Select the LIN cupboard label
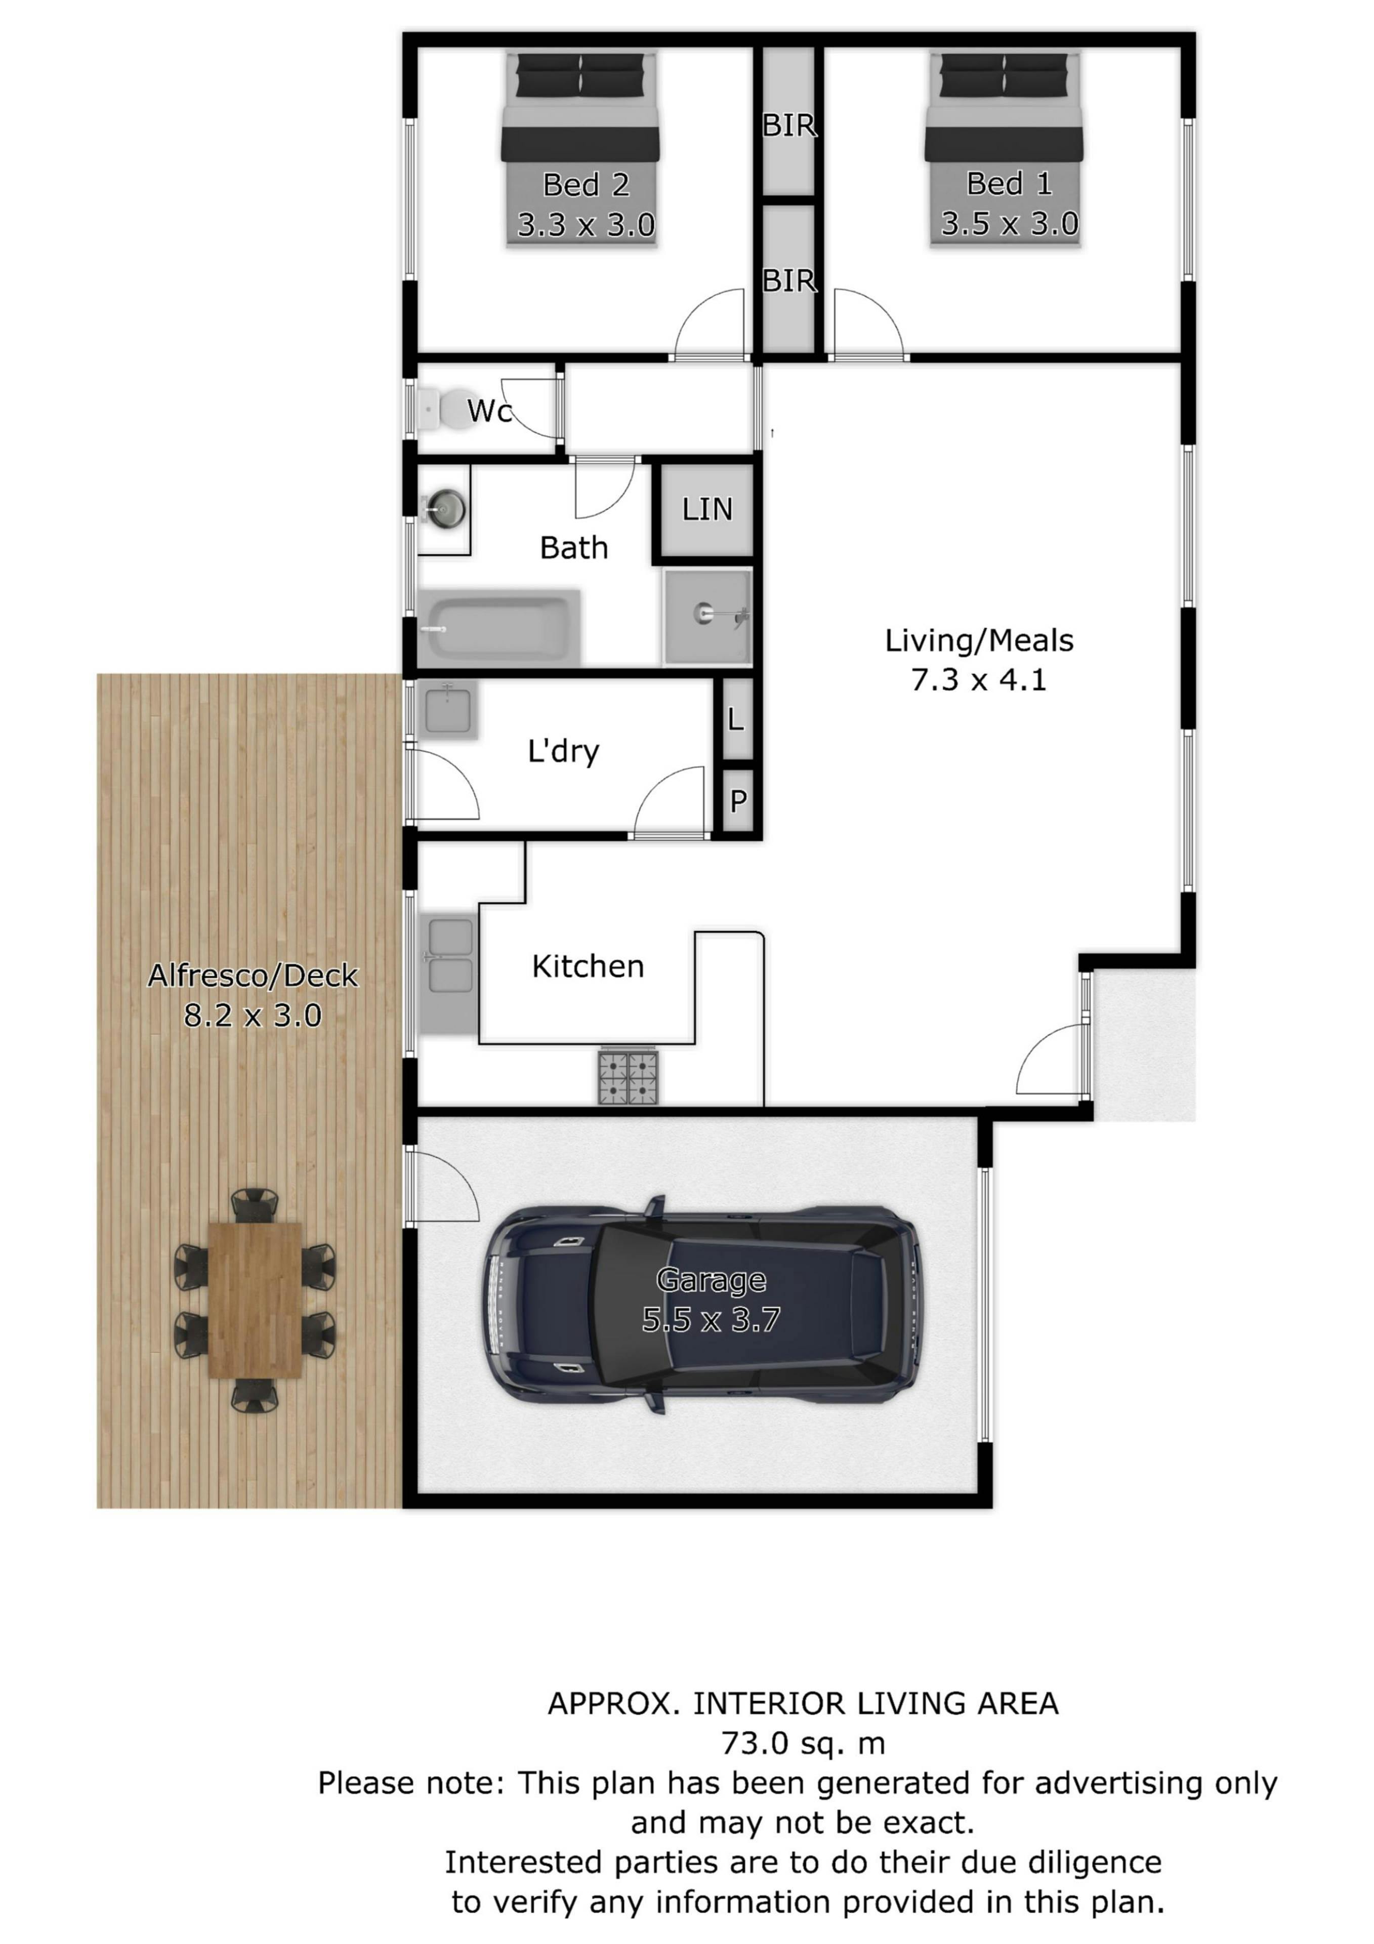pos(707,509)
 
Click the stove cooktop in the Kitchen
pos(628,1076)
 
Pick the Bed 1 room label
pos(1009,183)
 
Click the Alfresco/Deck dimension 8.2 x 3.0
pos(253,1015)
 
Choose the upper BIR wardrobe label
pos(789,126)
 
